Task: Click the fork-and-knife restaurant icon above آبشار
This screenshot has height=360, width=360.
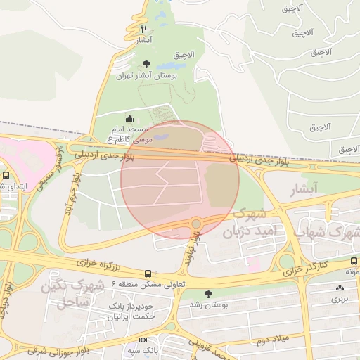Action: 144,29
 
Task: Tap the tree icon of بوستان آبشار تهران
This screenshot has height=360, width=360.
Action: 146,64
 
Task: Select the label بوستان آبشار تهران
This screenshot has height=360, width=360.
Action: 150,75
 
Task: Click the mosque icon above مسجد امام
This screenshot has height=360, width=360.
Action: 129,119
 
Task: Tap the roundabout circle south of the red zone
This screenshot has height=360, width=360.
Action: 196,224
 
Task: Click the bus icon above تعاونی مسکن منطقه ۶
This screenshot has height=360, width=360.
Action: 148,274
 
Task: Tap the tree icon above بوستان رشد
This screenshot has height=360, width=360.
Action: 207,294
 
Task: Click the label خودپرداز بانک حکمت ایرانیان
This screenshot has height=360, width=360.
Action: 131,311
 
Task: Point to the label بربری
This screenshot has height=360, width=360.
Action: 340,298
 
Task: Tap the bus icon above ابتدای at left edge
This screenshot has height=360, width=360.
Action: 6,175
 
